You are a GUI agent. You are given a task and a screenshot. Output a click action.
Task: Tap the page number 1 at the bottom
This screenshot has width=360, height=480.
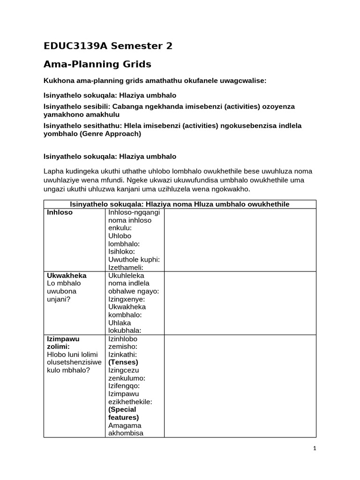315,449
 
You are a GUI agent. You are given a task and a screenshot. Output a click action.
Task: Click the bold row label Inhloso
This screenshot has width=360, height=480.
60,213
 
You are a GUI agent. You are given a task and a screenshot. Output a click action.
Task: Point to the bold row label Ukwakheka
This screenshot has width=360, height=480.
67,276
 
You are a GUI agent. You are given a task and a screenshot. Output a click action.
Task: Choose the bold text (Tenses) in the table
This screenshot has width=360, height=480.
123,362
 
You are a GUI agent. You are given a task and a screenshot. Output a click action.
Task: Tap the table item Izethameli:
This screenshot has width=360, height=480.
125,267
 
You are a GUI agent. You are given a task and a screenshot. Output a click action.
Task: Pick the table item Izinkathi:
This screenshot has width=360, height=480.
122,354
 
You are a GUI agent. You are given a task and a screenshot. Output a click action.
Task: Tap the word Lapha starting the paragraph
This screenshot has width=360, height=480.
53,171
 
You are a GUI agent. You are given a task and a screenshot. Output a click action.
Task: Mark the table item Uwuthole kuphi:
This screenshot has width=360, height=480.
134,260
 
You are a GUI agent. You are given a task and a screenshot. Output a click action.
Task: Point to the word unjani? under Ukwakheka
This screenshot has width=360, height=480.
60,299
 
